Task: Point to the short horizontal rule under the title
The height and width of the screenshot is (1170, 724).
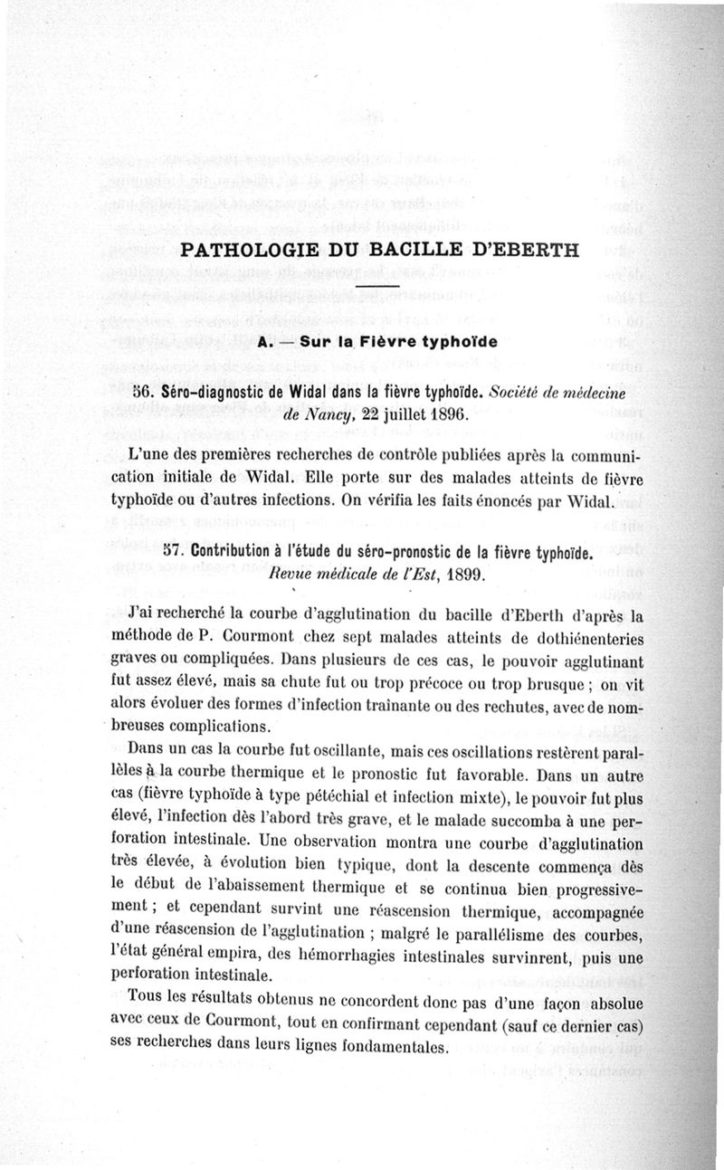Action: tap(377, 288)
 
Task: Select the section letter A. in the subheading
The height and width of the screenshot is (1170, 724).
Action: tap(266, 344)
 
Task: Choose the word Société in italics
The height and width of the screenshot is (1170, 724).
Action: tap(522, 393)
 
